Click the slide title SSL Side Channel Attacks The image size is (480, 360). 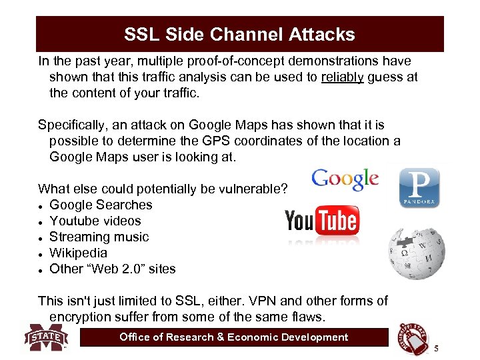tap(239, 34)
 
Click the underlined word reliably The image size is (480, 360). tap(342, 77)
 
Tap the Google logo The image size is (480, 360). tap(345, 179)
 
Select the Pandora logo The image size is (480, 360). tap(419, 187)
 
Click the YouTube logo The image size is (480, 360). tap(322, 222)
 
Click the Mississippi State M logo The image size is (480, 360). tap(47, 337)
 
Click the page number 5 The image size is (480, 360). tap(436, 349)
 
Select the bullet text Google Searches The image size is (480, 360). tap(101, 205)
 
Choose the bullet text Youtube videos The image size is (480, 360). tap(95, 221)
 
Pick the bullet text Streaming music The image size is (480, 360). tap(99, 237)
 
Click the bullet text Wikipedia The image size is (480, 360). tap(78, 253)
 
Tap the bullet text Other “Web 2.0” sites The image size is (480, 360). tap(113, 269)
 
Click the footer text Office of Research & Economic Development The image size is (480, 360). tap(233, 337)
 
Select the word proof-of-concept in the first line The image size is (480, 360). tap(227, 61)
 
